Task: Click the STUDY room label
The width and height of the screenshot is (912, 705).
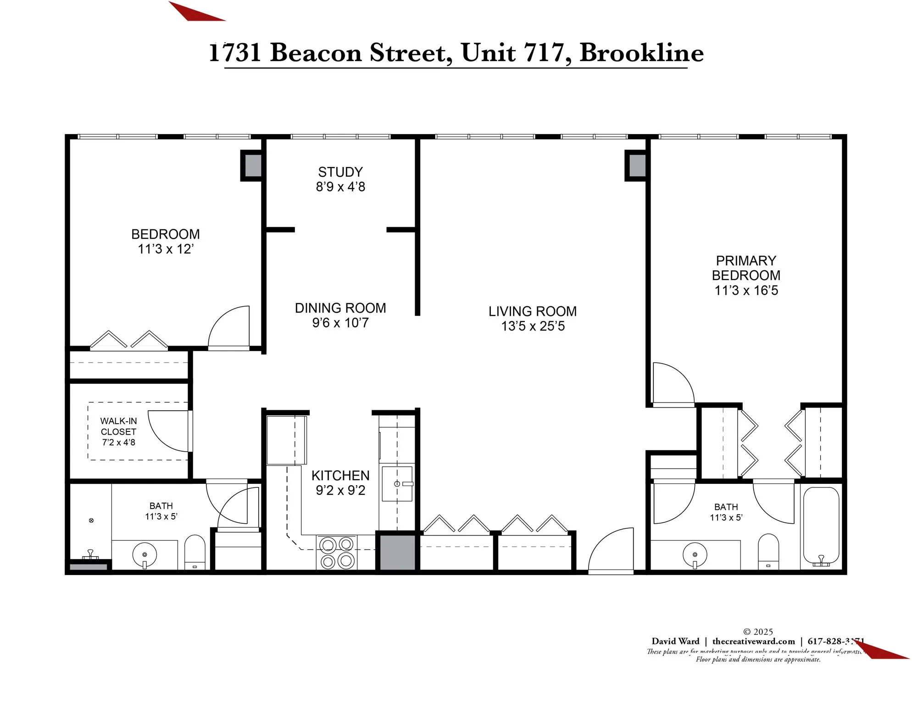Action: [340, 172]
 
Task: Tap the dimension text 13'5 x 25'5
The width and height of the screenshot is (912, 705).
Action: [533, 326]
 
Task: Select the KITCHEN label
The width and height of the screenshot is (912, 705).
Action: [340, 476]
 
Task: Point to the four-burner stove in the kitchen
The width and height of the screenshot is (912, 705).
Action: [337, 553]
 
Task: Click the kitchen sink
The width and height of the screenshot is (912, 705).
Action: [397, 484]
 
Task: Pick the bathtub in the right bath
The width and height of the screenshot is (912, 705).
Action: [821, 526]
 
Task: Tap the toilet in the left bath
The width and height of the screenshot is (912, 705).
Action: [195, 552]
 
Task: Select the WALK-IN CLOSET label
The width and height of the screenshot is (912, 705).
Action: [118, 426]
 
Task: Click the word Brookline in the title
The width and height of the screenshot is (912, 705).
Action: [641, 53]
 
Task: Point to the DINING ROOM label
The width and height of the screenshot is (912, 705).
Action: [340, 308]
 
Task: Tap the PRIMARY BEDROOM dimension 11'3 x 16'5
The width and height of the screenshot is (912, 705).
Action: [746, 291]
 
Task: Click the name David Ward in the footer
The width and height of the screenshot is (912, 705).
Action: [675, 642]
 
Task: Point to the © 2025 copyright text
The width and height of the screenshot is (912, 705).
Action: [758, 632]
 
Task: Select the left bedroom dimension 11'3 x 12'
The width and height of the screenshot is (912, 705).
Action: [166, 249]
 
